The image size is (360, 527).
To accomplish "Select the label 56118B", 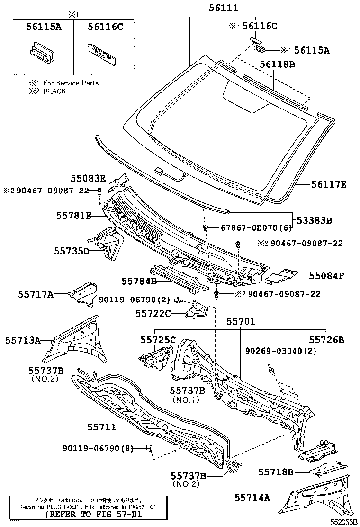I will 277,64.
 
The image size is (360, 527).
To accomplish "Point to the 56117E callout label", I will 329,184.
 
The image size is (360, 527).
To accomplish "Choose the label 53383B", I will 315,220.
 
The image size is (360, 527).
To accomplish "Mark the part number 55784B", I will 139,281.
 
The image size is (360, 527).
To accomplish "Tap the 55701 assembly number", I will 240,322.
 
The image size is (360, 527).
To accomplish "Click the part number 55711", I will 101,427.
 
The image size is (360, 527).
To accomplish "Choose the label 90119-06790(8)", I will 98,448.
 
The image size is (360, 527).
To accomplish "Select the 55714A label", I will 252,497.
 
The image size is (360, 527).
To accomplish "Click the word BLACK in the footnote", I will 54,91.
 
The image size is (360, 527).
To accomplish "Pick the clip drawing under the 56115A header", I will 41,52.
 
